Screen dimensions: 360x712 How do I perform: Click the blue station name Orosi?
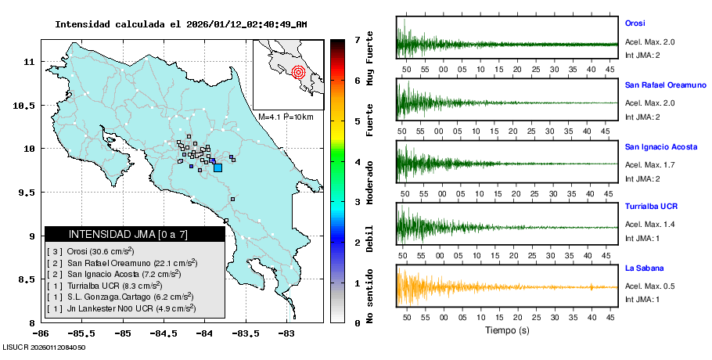click(635, 23)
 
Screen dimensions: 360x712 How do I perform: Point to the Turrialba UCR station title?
click(651, 207)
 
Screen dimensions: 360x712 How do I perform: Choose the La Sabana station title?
click(641, 268)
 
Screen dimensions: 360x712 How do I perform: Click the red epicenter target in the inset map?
click(298, 73)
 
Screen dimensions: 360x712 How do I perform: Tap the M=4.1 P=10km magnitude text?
click(286, 117)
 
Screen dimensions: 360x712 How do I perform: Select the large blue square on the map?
click(218, 167)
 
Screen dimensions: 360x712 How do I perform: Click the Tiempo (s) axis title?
click(506, 330)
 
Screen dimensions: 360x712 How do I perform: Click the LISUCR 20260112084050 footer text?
click(44, 347)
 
